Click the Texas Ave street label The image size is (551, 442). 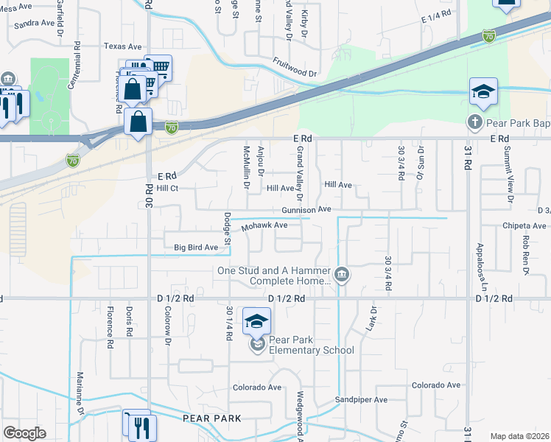(122, 46)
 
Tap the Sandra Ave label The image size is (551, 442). (35, 23)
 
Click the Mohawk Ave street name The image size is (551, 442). (265, 225)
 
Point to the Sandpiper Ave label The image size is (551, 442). (361, 400)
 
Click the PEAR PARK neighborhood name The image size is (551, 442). (212, 418)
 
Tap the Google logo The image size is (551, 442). (24, 433)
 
